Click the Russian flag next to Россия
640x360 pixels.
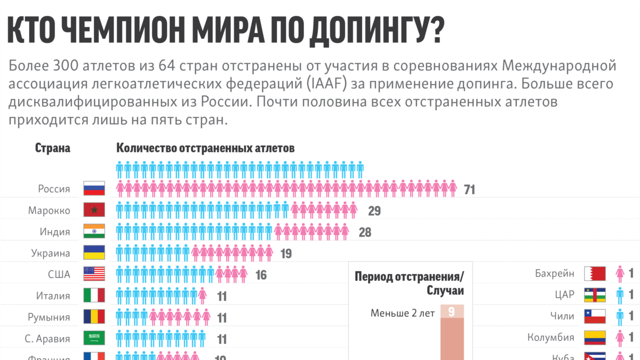(94, 189)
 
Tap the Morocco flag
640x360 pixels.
(94, 210)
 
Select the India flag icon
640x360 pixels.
(94, 231)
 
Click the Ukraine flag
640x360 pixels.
(94, 253)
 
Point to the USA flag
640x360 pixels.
(94, 274)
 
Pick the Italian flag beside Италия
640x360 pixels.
(94, 295)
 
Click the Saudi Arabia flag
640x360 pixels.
(94, 338)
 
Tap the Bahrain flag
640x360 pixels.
(595, 274)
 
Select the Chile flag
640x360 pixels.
(595, 316)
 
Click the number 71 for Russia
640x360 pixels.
(469, 190)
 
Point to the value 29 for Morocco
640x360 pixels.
(374, 211)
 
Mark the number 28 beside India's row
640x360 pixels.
(365, 233)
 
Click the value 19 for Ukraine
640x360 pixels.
(286, 254)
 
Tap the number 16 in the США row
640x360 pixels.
(261, 275)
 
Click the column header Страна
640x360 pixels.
(53, 148)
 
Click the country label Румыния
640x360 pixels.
(49, 317)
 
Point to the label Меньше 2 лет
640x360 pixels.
(403, 313)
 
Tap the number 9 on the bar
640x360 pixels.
(452, 312)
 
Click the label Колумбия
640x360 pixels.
(551, 338)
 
